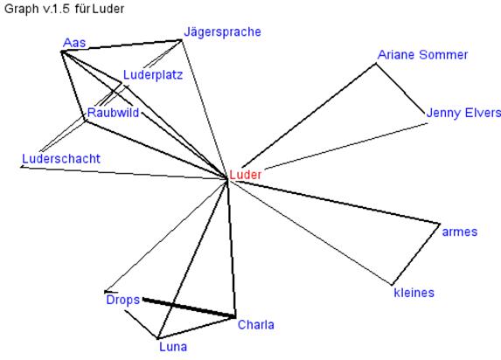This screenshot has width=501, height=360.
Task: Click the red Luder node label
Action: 246,175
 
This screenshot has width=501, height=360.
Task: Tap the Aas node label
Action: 74,43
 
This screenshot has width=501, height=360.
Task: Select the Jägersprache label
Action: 222,32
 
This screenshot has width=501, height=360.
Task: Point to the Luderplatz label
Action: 153,75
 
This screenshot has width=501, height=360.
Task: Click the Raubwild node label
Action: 113,113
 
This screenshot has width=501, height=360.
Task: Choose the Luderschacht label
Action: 61,158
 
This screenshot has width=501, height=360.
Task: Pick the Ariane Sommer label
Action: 422,55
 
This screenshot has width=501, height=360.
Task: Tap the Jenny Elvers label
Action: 463,113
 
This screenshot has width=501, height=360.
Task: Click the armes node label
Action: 459,232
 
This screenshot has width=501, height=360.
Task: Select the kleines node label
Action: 414,293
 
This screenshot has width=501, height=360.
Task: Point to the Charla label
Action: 256,324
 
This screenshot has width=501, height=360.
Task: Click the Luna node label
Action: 173,347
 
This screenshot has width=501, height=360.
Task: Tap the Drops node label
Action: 123,301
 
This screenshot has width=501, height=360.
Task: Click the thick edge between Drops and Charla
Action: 189,308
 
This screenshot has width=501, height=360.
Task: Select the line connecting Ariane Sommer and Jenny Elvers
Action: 400,89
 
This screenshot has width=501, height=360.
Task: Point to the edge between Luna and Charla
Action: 196,328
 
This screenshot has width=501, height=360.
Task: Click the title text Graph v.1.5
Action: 37,9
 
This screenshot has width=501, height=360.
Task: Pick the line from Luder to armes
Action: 335,202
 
